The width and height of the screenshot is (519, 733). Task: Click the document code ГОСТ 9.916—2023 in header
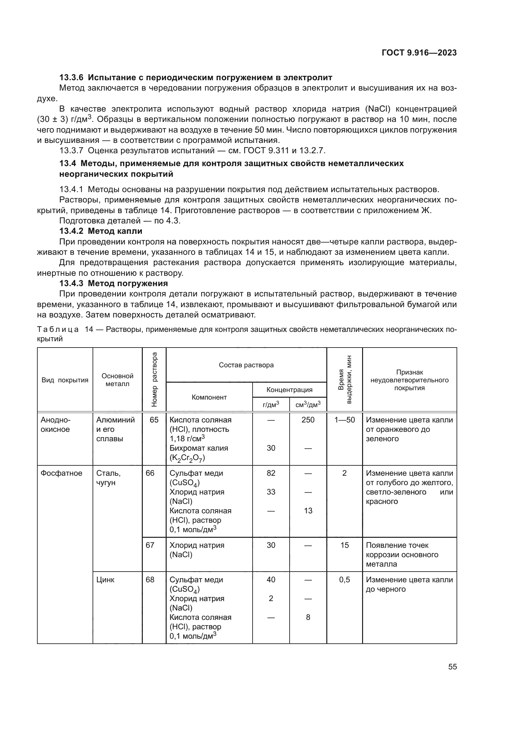(419, 53)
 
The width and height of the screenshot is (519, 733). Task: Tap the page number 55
(452, 667)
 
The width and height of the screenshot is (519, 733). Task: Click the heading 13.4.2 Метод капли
(101, 231)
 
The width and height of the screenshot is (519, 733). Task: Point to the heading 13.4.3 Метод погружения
(114, 283)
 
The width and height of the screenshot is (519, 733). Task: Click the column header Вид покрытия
(65, 380)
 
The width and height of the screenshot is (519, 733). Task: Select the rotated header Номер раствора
(154, 379)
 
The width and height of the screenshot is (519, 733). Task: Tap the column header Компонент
(209, 397)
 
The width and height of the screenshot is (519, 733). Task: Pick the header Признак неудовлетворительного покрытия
(409, 380)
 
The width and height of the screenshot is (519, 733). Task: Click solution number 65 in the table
(154, 420)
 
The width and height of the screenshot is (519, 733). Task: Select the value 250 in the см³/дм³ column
(308, 420)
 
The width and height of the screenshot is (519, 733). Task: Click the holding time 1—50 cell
(345, 420)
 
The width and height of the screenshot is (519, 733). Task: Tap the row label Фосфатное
(62, 473)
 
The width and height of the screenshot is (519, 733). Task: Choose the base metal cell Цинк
(105, 580)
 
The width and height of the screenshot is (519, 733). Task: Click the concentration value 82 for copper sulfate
(271, 473)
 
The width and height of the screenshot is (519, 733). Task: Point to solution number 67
(150, 545)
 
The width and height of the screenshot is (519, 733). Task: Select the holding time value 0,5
(345, 580)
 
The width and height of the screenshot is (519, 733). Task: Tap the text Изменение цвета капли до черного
(409, 584)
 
